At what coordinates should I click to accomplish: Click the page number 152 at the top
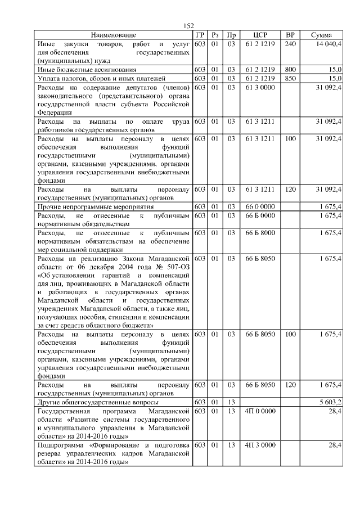coord(188,26)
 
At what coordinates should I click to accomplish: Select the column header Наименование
coord(113,35)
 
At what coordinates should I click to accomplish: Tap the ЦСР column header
coord(260,35)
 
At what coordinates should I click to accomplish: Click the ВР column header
coord(290,35)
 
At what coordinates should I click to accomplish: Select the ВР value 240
coord(290,43)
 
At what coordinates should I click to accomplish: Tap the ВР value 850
coord(290,78)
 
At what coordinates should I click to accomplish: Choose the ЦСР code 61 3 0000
coord(260,88)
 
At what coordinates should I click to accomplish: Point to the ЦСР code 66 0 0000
coord(260,208)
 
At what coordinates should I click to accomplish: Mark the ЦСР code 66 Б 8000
coord(260,232)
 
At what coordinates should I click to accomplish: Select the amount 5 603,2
coord(329,403)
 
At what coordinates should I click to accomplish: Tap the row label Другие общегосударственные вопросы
coord(97,403)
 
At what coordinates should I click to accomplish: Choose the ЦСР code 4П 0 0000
coord(260,411)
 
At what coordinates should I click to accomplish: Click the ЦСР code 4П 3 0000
coord(260,445)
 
